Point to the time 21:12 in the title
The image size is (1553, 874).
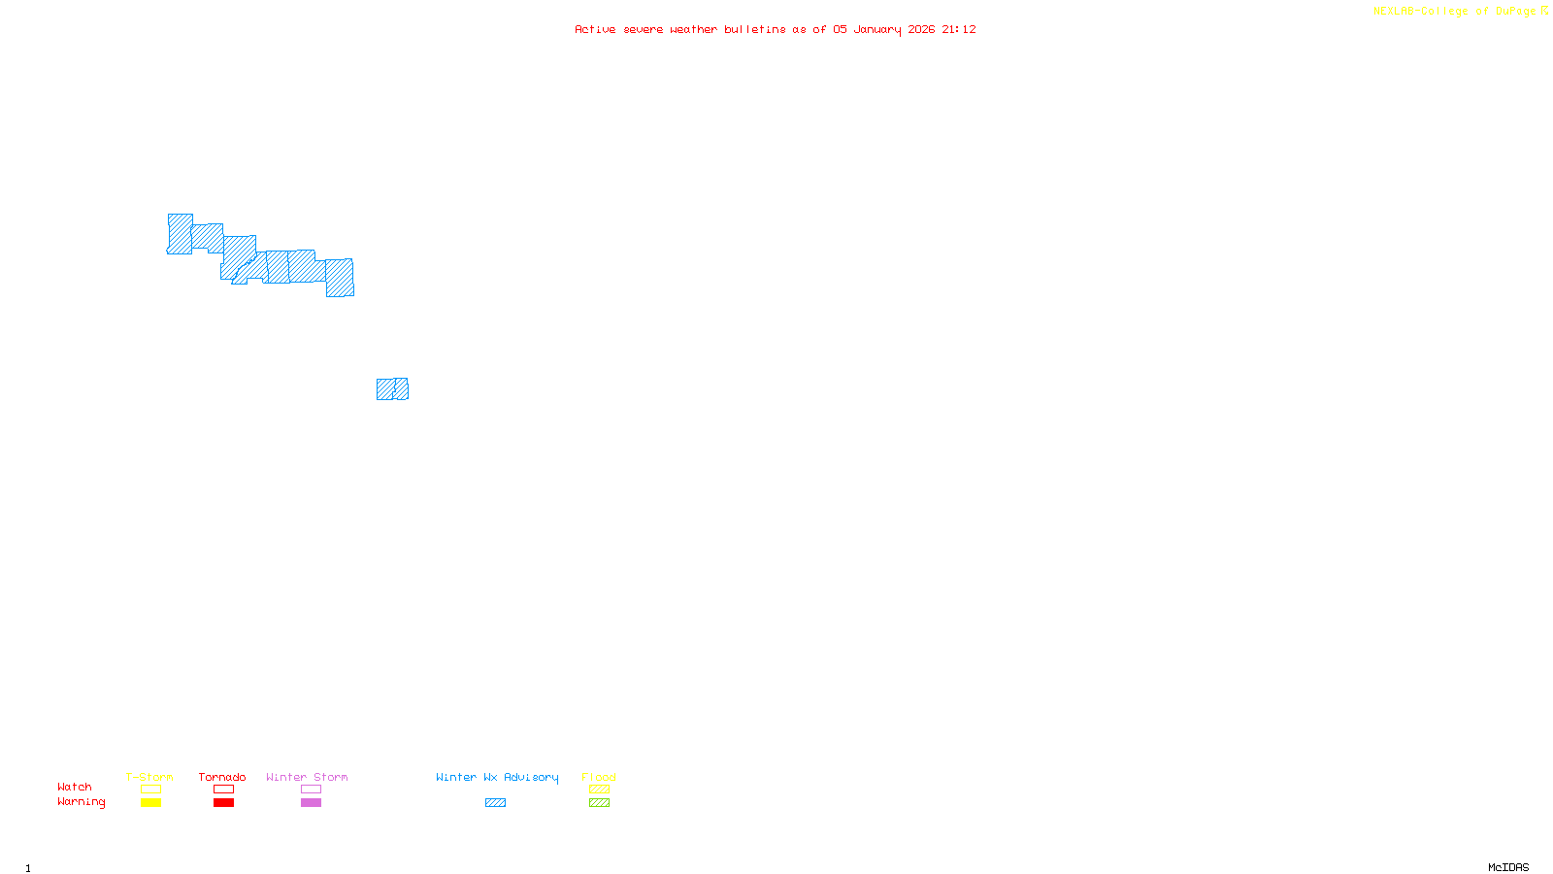(959, 29)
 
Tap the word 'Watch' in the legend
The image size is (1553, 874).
(75, 788)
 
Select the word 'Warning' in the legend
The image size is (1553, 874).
(82, 802)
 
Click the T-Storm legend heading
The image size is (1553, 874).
(149, 777)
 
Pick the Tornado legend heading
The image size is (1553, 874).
(222, 777)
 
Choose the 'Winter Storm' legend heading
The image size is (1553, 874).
(307, 777)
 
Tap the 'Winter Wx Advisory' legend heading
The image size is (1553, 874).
(497, 777)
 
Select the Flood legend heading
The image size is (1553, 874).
(599, 777)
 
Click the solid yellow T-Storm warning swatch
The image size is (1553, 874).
(150, 803)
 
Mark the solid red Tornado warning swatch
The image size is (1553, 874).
(224, 803)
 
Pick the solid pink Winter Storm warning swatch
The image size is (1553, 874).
(311, 803)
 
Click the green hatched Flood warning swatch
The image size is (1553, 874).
(599, 803)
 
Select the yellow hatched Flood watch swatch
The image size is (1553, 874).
(599, 790)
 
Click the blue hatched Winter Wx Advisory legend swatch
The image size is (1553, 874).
(495, 803)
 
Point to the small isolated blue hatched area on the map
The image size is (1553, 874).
(392, 389)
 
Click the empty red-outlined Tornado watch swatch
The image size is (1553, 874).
(224, 790)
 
